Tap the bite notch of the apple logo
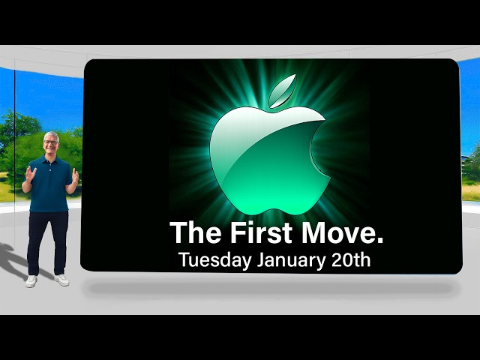click(x=319, y=150)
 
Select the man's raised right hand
click(x=29, y=175)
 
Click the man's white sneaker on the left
click(x=31, y=280)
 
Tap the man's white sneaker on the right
click(x=61, y=280)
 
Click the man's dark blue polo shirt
click(x=50, y=184)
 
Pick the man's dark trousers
click(x=47, y=240)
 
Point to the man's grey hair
click(x=50, y=136)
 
